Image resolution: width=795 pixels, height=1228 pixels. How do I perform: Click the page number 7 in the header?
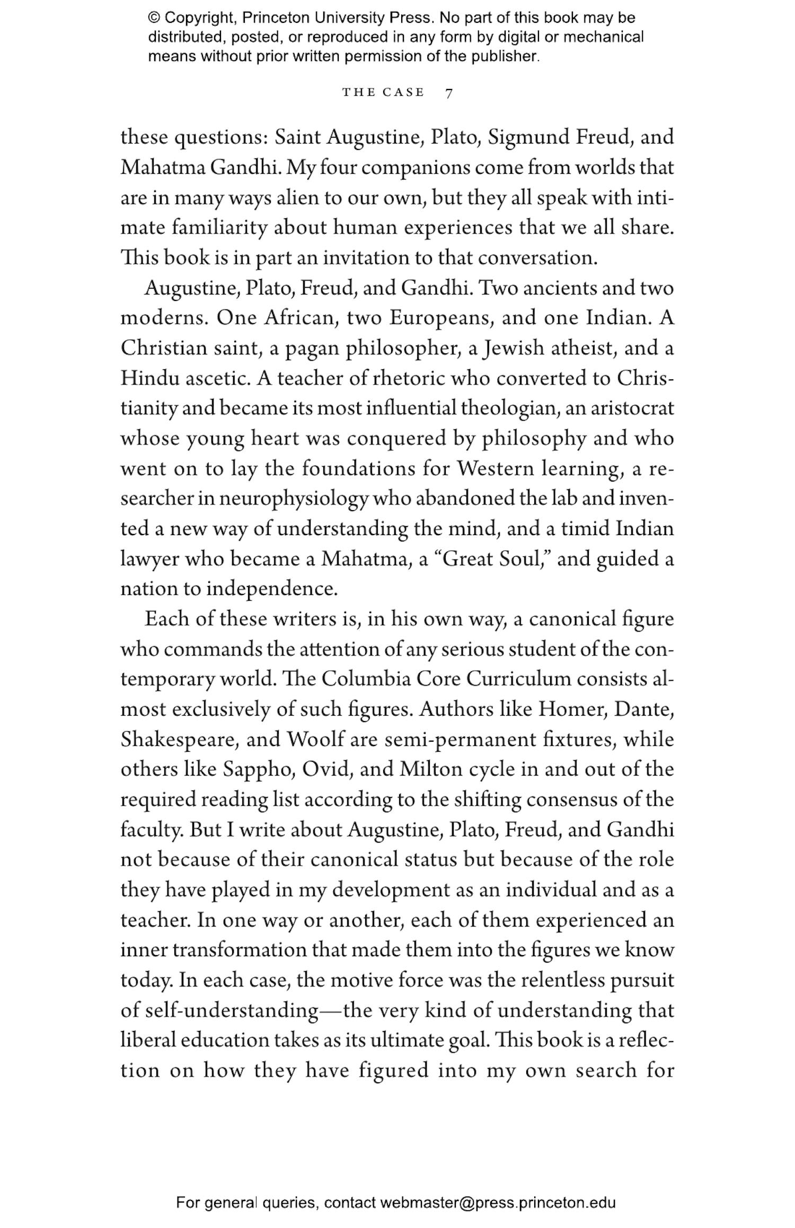(449, 93)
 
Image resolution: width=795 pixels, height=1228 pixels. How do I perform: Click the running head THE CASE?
(383, 93)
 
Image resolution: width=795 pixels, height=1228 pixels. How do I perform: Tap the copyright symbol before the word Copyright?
(154, 18)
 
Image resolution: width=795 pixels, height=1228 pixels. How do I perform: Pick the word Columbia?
(366, 679)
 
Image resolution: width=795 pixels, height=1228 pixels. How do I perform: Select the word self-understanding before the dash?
(230, 1010)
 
